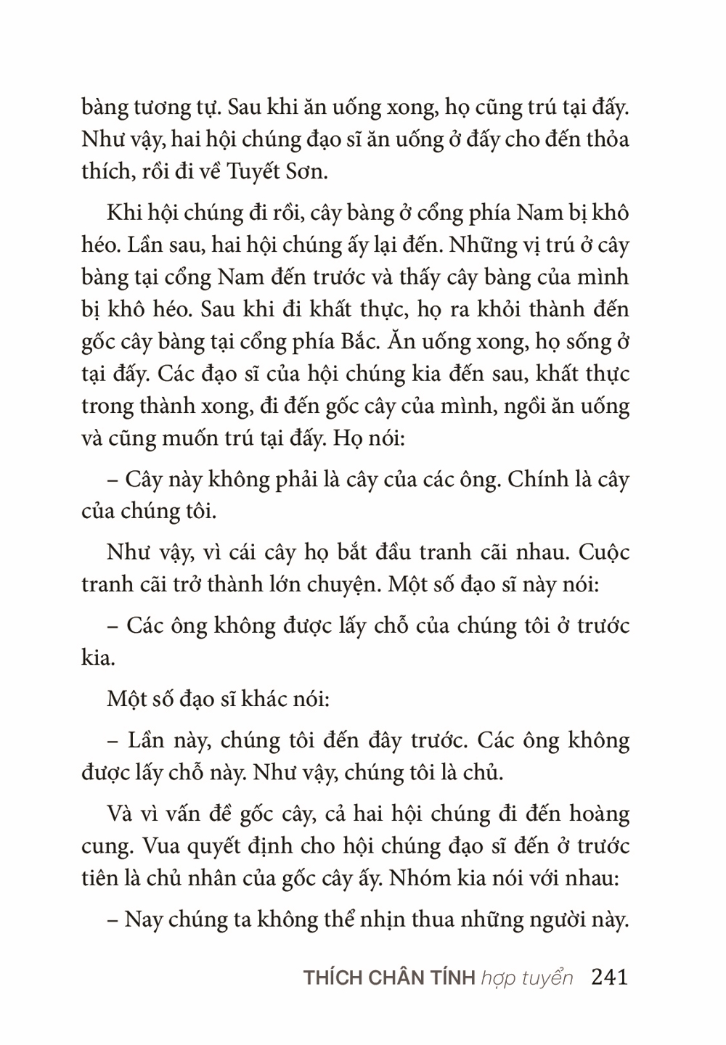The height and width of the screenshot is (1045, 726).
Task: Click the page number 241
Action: pos(609,977)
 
